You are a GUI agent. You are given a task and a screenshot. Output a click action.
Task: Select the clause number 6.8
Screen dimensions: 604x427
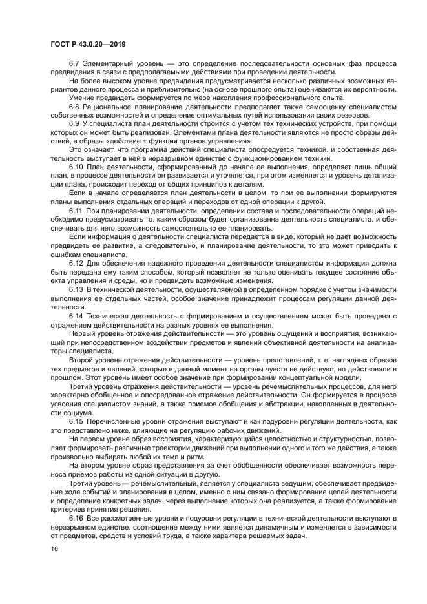[75, 105]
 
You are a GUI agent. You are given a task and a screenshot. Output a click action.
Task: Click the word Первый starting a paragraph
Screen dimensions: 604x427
[82, 333]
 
